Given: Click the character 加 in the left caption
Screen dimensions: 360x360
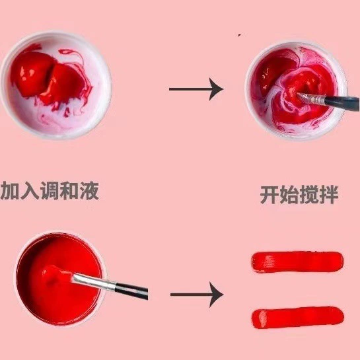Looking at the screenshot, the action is coord(10,190).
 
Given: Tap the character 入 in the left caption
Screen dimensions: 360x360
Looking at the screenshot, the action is coord(30,190).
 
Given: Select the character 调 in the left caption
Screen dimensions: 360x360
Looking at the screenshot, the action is coord(50,190).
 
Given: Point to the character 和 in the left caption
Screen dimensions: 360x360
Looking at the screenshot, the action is coord(69,190).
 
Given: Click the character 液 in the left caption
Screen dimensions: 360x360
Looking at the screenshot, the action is coord(89,190).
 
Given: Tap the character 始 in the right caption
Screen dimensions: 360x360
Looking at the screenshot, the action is coord(289,195).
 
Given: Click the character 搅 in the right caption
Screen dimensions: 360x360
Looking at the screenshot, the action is coord(309,195).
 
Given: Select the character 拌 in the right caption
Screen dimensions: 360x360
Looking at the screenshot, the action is coord(329,195).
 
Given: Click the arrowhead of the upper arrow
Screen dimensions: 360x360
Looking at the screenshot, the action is coord(217,89).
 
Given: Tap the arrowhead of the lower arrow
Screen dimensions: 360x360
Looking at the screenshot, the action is coord(217,295).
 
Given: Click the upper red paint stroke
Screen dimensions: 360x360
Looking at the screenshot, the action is coord(297,262).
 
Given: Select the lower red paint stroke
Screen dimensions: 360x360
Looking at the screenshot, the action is coord(298,318).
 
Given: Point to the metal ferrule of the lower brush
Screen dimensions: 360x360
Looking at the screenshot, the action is coord(94,281).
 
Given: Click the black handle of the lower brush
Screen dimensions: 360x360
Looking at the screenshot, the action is coord(131,291).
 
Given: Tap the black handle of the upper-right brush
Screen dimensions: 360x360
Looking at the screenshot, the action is coord(342,102).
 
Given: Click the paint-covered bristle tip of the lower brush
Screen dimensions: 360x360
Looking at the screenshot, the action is coord(57,273).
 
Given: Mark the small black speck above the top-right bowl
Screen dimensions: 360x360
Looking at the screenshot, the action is coord(239,35).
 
